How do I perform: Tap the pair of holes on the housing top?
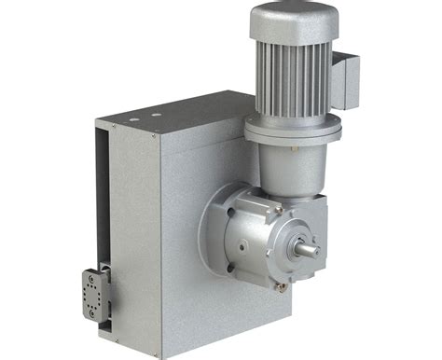tap(143, 116)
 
